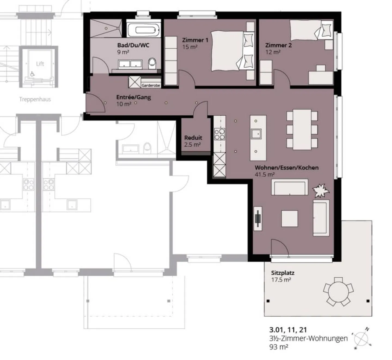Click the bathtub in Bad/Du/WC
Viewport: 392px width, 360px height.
pyautogui.click(x=144, y=29)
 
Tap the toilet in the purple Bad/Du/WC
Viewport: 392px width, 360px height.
pyautogui.click(x=152, y=63)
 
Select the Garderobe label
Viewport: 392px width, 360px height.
pyautogui.click(x=151, y=86)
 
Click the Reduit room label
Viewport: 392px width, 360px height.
pyautogui.click(x=193, y=138)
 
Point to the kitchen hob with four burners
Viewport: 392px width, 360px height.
pyautogui.click(x=219, y=134)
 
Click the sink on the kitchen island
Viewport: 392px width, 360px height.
pyautogui.click(x=256, y=134)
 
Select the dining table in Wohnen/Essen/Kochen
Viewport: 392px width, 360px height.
pyautogui.click(x=302, y=129)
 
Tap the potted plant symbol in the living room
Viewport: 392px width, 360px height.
pyautogui.click(x=321, y=190)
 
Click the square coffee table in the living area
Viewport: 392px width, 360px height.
pyautogui.click(x=290, y=219)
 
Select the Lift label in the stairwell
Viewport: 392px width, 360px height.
pyautogui.click(x=40, y=64)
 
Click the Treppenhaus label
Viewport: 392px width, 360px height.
pyautogui.click(x=35, y=99)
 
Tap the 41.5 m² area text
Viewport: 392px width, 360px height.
pyautogui.click(x=265, y=174)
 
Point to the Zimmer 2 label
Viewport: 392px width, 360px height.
pyautogui.click(x=278, y=45)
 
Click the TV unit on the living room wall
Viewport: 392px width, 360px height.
pyautogui.click(x=258, y=219)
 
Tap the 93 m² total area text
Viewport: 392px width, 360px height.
pyautogui.click(x=279, y=347)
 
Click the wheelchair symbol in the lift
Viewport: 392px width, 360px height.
pyautogui.click(x=32, y=74)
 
